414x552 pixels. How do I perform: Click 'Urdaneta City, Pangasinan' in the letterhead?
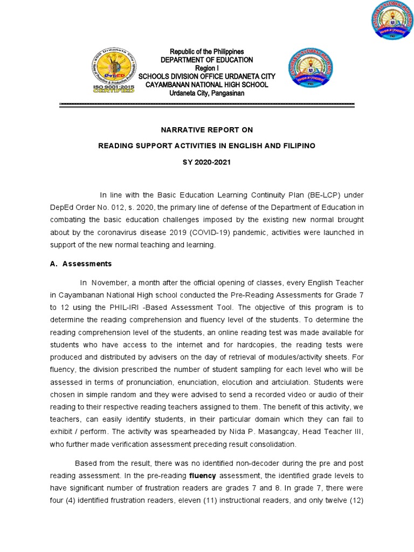(x=199, y=93)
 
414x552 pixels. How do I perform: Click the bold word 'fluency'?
(x=202, y=475)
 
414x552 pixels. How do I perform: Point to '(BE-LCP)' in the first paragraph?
(x=325, y=195)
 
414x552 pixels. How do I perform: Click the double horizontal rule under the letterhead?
(x=206, y=105)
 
